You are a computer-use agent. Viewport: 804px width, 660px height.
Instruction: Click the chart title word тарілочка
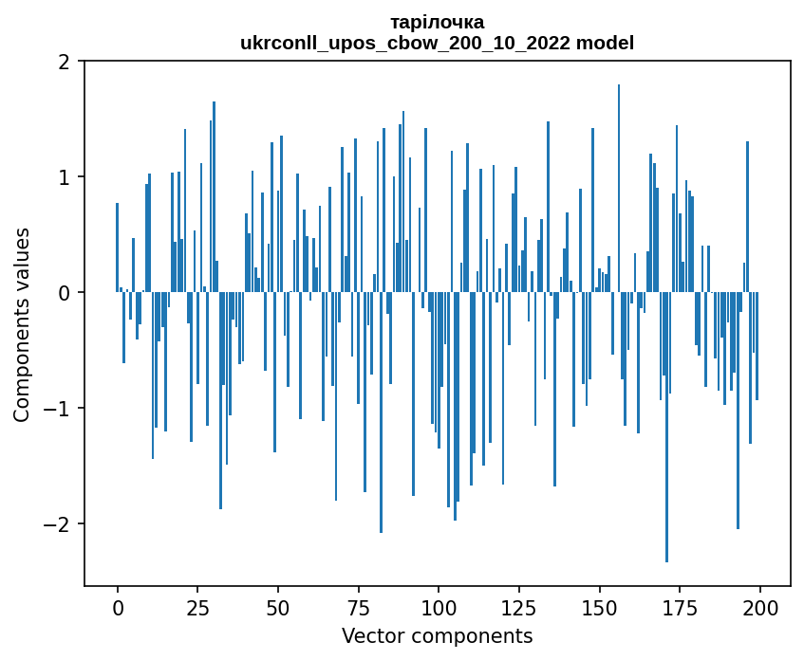pos(437,22)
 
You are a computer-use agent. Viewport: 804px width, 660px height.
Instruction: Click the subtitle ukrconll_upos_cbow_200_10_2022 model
pos(437,43)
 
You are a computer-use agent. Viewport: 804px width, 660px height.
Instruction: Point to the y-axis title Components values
pos(22,324)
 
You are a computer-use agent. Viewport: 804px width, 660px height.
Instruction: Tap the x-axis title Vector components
pos(437,635)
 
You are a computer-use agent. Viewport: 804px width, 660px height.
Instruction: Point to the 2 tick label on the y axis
pos(65,62)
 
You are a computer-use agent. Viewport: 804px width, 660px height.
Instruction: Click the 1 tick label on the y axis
pos(65,177)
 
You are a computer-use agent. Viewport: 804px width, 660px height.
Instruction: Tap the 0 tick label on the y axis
pos(65,293)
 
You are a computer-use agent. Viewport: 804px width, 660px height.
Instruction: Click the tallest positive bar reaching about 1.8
pos(619,190)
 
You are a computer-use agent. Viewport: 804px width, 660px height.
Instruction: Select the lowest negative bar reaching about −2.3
pos(667,427)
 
